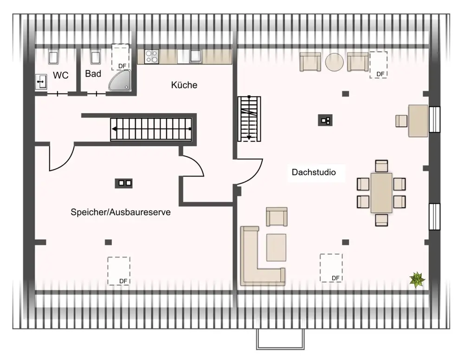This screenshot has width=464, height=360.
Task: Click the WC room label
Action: pos(61,75)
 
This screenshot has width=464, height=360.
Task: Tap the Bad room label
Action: pos(93,74)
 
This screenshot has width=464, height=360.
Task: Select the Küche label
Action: pos(184,85)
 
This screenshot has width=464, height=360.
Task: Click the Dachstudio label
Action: pos(314,172)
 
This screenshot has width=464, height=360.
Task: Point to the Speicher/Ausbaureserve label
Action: pos(121,212)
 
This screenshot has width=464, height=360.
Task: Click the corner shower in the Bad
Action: pos(120,80)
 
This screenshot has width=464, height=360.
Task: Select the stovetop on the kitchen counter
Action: pos(152,57)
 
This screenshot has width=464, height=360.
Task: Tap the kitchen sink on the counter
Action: pos(196,56)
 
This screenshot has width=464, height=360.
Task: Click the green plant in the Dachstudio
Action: pos(417,279)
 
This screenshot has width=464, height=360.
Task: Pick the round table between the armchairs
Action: pos(335,62)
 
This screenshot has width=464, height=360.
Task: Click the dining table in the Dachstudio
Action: pos(381,193)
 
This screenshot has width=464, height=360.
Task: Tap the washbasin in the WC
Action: pos(41,82)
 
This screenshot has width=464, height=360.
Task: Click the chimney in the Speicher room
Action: pos(124,183)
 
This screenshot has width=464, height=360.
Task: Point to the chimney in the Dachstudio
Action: pos(325,121)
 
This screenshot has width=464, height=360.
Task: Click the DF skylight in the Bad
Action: pos(121,58)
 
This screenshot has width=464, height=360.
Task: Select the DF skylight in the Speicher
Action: pos(119,271)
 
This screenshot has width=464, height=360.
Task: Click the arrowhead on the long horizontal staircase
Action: pos(114,129)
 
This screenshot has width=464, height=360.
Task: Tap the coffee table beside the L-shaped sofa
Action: pos(277,248)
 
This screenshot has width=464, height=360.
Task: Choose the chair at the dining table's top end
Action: pos(381,166)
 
